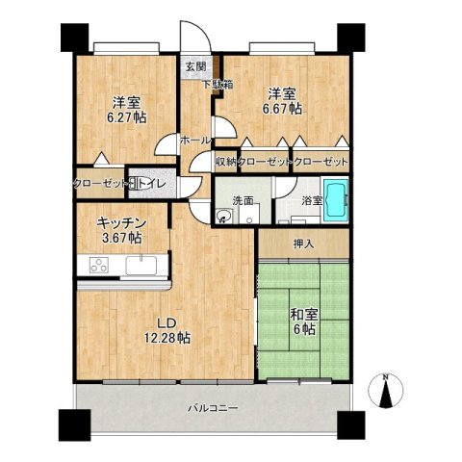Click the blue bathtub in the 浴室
(x=336, y=200)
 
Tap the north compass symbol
(x=386, y=391)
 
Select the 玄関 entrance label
(x=195, y=67)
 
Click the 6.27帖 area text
(x=126, y=117)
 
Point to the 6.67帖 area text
(x=282, y=109)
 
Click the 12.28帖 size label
(x=167, y=338)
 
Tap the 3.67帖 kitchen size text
(x=122, y=238)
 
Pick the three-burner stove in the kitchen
(x=99, y=265)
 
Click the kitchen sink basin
(x=141, y=266)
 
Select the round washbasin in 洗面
(x=222, y=216)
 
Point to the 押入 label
(x=303, y=244)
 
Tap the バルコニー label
(x=213, y=408)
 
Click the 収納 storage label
(x=225, y=162)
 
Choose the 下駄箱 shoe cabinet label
(x=218, y=85)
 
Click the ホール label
(x=195, y=141)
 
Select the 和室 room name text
(x=304, y=315)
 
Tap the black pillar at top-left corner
(x=74, y=38)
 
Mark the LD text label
(x=167, y=322)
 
